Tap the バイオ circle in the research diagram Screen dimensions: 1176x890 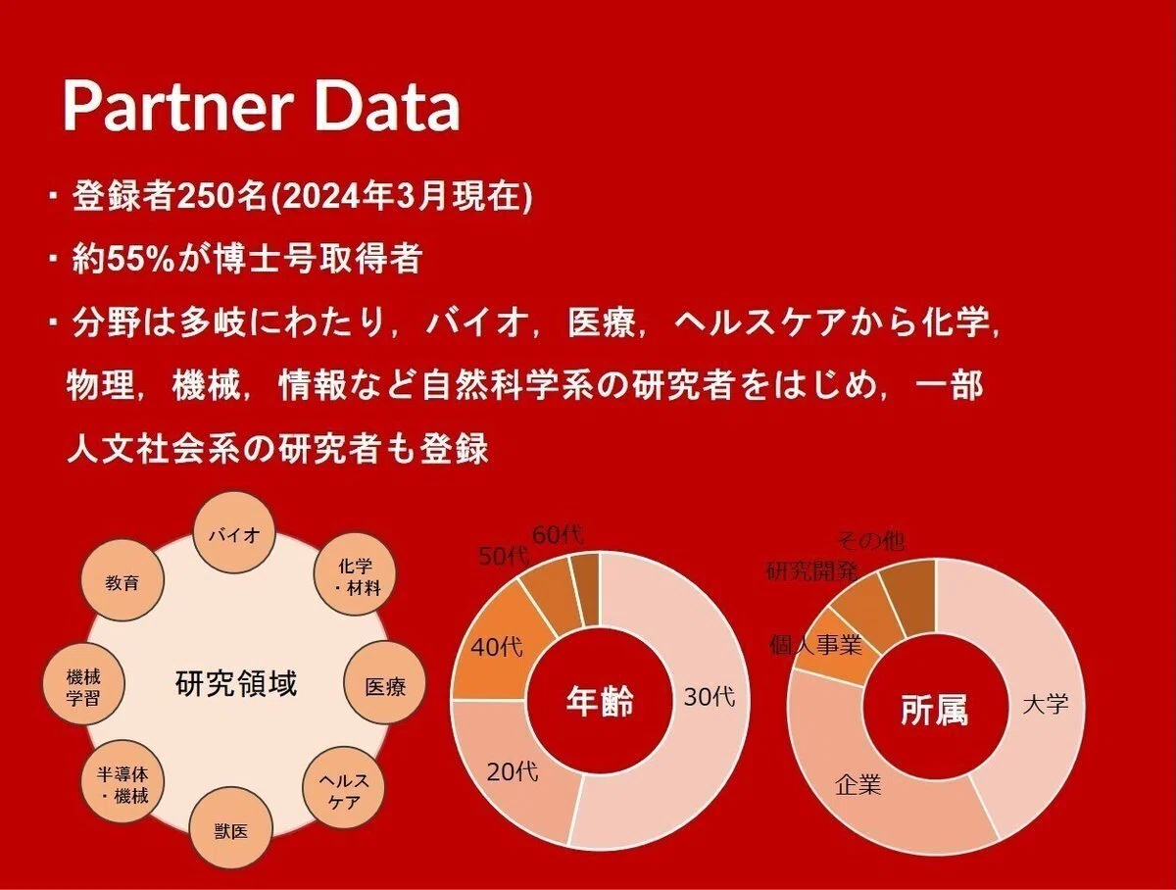coord(234,533)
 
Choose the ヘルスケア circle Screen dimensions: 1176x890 coord(344,788)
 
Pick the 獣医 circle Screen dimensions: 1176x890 coord(231,831)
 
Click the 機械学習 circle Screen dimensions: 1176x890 coord(83,684)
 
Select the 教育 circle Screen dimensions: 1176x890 coord(122,579)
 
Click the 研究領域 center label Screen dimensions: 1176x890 coord(236,683)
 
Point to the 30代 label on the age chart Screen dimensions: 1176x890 coord(710,697)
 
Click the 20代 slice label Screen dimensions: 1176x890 coord(513,771)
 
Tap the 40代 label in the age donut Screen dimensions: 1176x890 coord(497,647)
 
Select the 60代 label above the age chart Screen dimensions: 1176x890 coord(558,535)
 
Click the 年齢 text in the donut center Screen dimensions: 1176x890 coord(600,701)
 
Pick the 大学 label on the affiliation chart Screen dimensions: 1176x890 coord(1046,704)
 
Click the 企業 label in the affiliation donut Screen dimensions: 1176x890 coord(857,785)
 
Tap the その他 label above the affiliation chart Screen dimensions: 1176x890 coord(870,541)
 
